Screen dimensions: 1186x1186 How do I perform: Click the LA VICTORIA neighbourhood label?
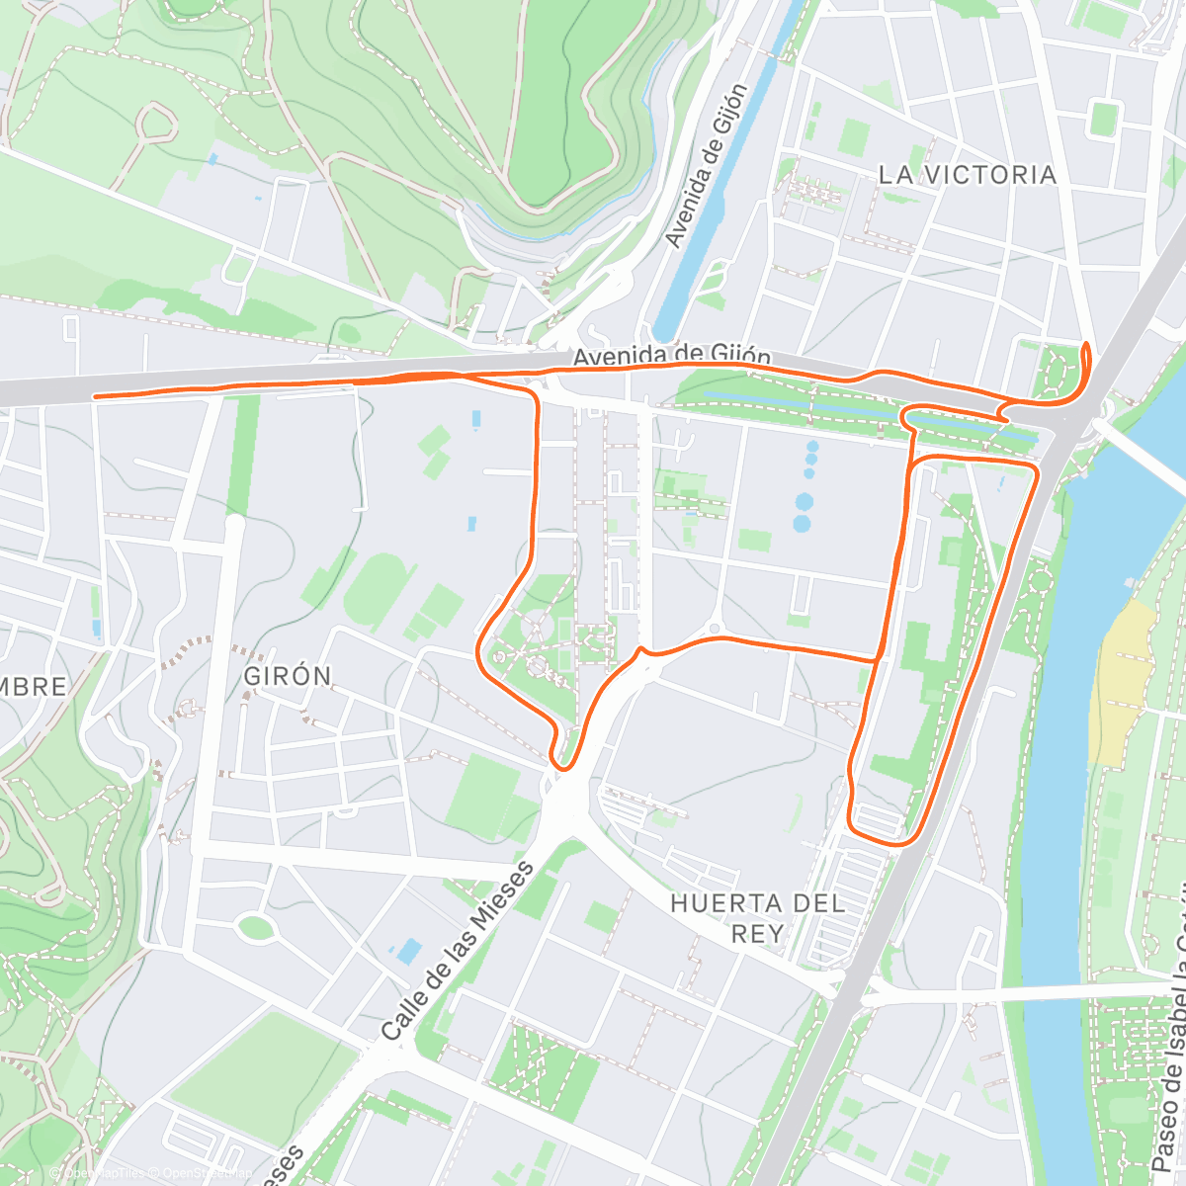pyautogui.click(x=967, y=175)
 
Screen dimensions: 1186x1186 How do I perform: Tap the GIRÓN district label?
pyautogui.click(x=288, y=677)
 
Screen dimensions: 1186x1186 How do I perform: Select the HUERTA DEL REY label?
pyautogui.click(x=757, y=917)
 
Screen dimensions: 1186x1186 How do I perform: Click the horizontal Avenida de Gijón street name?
pyautogui.click(x=672, y=355)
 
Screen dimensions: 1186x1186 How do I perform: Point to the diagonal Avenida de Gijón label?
pyautogui.click(x=707, y=166)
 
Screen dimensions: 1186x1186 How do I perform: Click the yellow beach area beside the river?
pyautogui.click(x=1122, y=682)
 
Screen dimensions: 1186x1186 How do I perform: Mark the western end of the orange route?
pyautogui.click(x=95, y=396)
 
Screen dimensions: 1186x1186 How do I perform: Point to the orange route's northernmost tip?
pyautogui.click(x=1088, y=344)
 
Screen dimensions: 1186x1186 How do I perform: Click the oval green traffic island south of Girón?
pyautogui.click(x=256, y=927)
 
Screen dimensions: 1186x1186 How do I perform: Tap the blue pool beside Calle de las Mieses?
pyautogui.click(x=407, y=952)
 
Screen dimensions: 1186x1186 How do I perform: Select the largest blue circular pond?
pyautogui.click(x=804, y=502)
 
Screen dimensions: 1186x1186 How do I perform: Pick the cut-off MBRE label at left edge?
pyautogui.click(x=34, y=687)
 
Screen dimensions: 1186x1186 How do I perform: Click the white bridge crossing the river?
pyautogui.click(x=1137, y=451)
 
